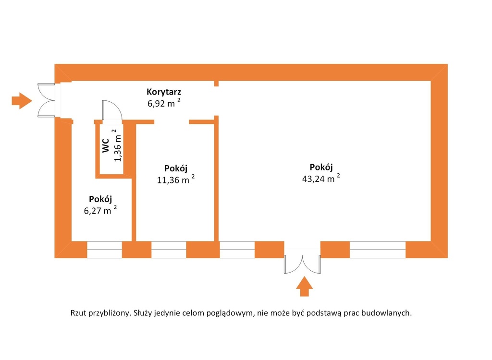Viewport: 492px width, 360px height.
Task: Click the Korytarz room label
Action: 164,92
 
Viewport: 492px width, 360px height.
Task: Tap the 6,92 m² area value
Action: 164,103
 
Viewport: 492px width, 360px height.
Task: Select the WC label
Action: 106,145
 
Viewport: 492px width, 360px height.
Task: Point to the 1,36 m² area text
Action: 117,145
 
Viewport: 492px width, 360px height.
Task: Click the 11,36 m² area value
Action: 176,180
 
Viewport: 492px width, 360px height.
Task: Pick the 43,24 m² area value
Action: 321,179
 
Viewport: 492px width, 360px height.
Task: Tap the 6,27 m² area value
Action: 100,210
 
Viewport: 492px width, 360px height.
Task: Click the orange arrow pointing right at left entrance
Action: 22,101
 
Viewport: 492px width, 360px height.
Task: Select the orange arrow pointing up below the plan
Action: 304,286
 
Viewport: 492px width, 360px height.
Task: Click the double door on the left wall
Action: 47,100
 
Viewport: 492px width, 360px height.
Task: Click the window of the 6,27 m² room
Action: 104,250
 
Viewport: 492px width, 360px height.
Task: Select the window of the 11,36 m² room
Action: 169,250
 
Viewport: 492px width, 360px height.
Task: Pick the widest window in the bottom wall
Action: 378,250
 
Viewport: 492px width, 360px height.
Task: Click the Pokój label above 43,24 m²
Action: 321,167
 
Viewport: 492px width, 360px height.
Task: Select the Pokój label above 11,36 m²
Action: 176,168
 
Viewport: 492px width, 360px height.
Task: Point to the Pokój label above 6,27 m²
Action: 100,199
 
